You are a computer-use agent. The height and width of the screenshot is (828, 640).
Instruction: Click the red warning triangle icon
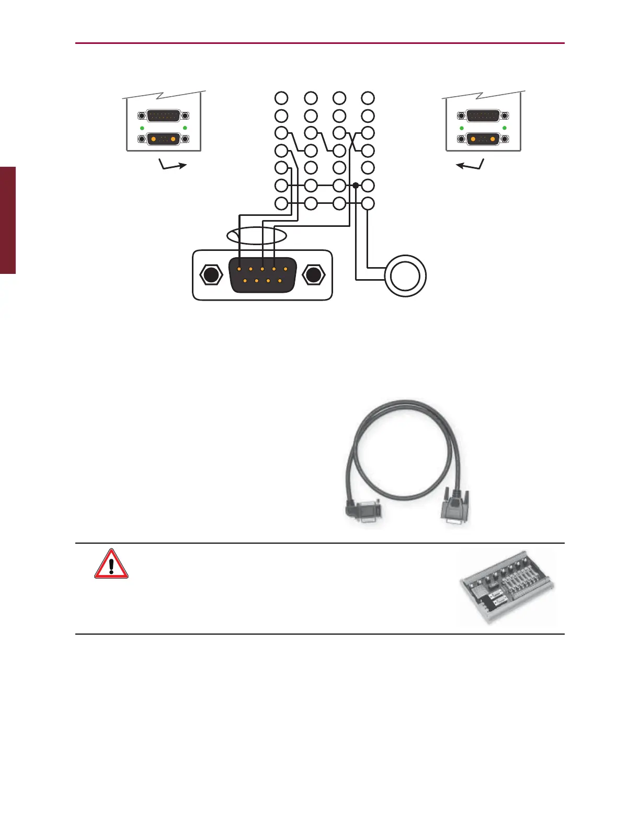pyautogui.click(x=111, y=564)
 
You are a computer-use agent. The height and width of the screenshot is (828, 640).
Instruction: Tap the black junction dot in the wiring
pyautogui.click(x=356, y=185)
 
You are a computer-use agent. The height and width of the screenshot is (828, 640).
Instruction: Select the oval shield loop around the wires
pyautogui.click(x=257, y=236)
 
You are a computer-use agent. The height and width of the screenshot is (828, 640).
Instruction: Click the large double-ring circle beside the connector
pyautogui.click(x=406, y=275)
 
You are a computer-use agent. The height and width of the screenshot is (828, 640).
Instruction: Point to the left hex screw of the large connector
pyautogui.click(x=210, y=275)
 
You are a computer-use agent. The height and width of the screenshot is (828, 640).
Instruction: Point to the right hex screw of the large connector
pyautogui.click(x=313, y=275)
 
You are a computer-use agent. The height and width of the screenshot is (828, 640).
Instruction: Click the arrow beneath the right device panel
pyautogui.click(x=470, y=166)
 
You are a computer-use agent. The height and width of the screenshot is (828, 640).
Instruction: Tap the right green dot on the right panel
pyautogui.click(x=504, y=128)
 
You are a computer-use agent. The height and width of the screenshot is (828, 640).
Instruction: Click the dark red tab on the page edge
pyautogui.click(x=8, y=220)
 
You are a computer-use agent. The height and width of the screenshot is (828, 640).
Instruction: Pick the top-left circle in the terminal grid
pyautogui.click(x=281, y=98)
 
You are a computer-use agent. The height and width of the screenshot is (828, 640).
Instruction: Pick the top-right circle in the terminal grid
pyautogui.click(x=368, y=98)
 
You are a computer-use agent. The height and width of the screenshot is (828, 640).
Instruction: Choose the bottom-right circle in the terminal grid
pyautogui.click(x=368, y=204)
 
